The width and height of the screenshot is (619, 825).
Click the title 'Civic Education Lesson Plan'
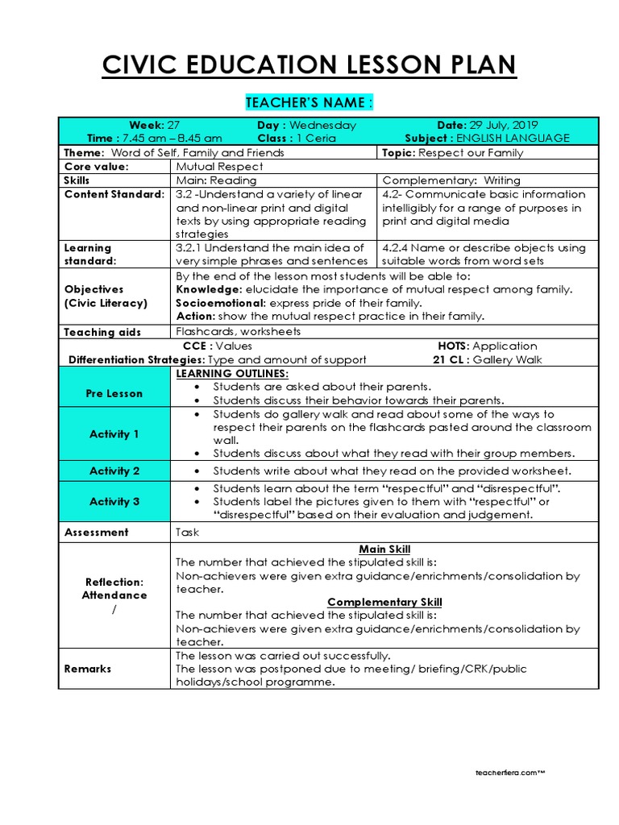[309, 65]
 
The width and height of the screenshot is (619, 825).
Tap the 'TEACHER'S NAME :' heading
[309, 102]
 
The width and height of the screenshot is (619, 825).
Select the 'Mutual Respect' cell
[219, 166]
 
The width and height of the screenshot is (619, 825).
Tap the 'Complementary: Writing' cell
[451, 180]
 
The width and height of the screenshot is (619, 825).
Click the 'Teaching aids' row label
[102, 331]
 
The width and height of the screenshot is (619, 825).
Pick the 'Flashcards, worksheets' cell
[239, 331]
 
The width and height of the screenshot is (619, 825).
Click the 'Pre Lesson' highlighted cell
[114, 393]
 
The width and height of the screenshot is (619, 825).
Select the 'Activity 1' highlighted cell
[114, 433]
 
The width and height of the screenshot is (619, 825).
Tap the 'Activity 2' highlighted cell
[114, 471]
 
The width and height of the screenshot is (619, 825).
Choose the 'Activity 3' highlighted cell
[114, 501]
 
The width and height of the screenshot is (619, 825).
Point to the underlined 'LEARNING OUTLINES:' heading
[232, 374]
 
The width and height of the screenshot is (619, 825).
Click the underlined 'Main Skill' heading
[384, 549]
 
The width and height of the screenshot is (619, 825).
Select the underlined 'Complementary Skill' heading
[384, 602]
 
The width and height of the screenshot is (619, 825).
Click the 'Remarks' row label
[88, 669]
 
